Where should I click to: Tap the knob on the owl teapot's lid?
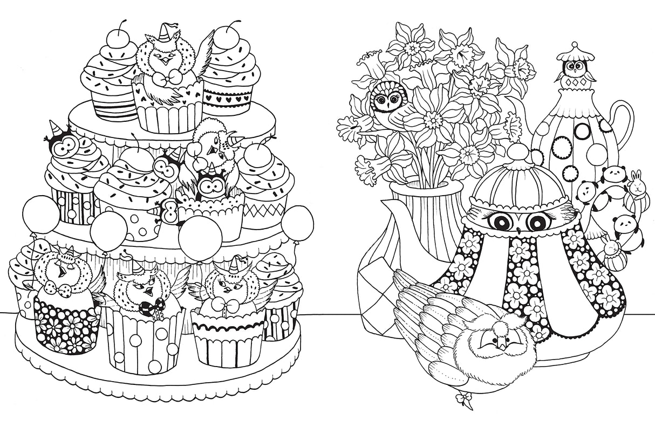(516, 150)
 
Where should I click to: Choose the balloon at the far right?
(297, 222)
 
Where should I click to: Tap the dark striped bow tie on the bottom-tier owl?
(147, 308)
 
